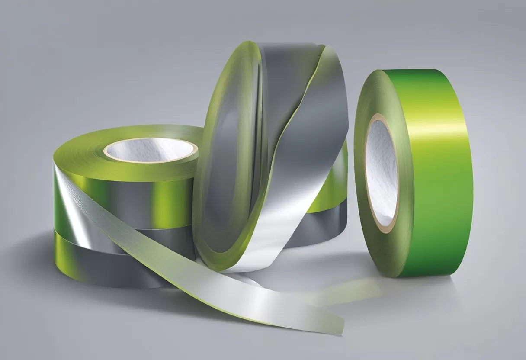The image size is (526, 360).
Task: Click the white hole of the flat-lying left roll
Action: point(149,152)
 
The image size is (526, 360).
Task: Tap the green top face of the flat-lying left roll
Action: point(82,151)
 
